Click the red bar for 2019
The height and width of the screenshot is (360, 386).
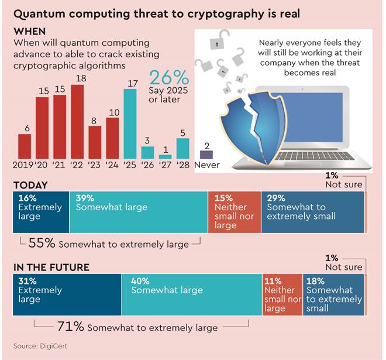(25, 146)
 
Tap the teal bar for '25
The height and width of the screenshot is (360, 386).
(130, 124)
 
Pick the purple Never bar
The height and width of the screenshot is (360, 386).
(206, 155)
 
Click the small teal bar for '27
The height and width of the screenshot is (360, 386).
(166, 157)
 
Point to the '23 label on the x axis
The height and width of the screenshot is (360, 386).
(95, 165)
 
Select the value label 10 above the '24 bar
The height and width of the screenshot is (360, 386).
(112, 112)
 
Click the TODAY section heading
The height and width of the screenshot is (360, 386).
(30, 185)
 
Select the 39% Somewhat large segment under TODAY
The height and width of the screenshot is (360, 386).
(138, 212)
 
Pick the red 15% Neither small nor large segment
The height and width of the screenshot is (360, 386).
(234, 212)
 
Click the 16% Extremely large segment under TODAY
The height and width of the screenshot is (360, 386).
(40, 212)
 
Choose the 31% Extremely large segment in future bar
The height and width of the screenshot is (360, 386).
(67, 295)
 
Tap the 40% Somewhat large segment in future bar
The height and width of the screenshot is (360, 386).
(192, 295)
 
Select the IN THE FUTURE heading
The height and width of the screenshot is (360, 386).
(51, 268)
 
